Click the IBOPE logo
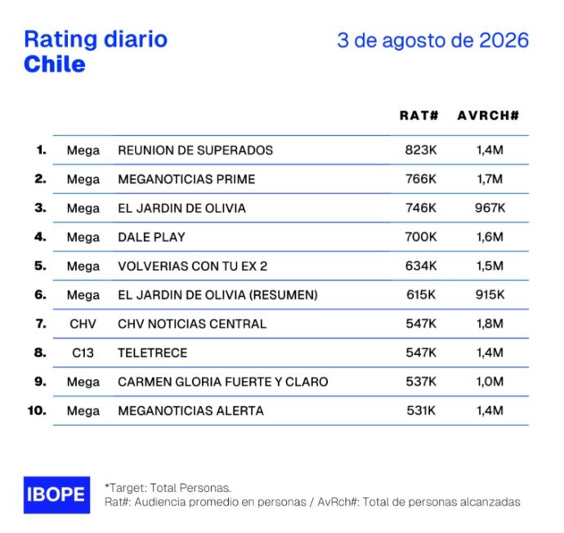coord(57,495)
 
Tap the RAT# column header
coord(419,115)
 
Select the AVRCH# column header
coord(489,115)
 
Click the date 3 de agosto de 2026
coord(432,40)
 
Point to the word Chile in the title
coord(55,65)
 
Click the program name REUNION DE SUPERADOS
coord(195,150)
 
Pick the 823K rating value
coord(421,150)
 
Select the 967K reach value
coord(490,208)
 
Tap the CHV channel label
coord(83,324)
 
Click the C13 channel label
coord(83,353)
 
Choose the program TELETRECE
coord(153,353)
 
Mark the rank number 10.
coord(37,410)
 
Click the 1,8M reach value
coord(490,324)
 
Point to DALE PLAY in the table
coord(151,237)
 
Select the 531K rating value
coord(421,410)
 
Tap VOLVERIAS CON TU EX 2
coord(192,266)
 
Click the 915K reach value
coord(490,295)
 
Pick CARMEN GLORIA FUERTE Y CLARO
coord(223,382)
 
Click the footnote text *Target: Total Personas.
coord(168,488)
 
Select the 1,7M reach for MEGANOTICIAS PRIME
coord(490,179)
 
